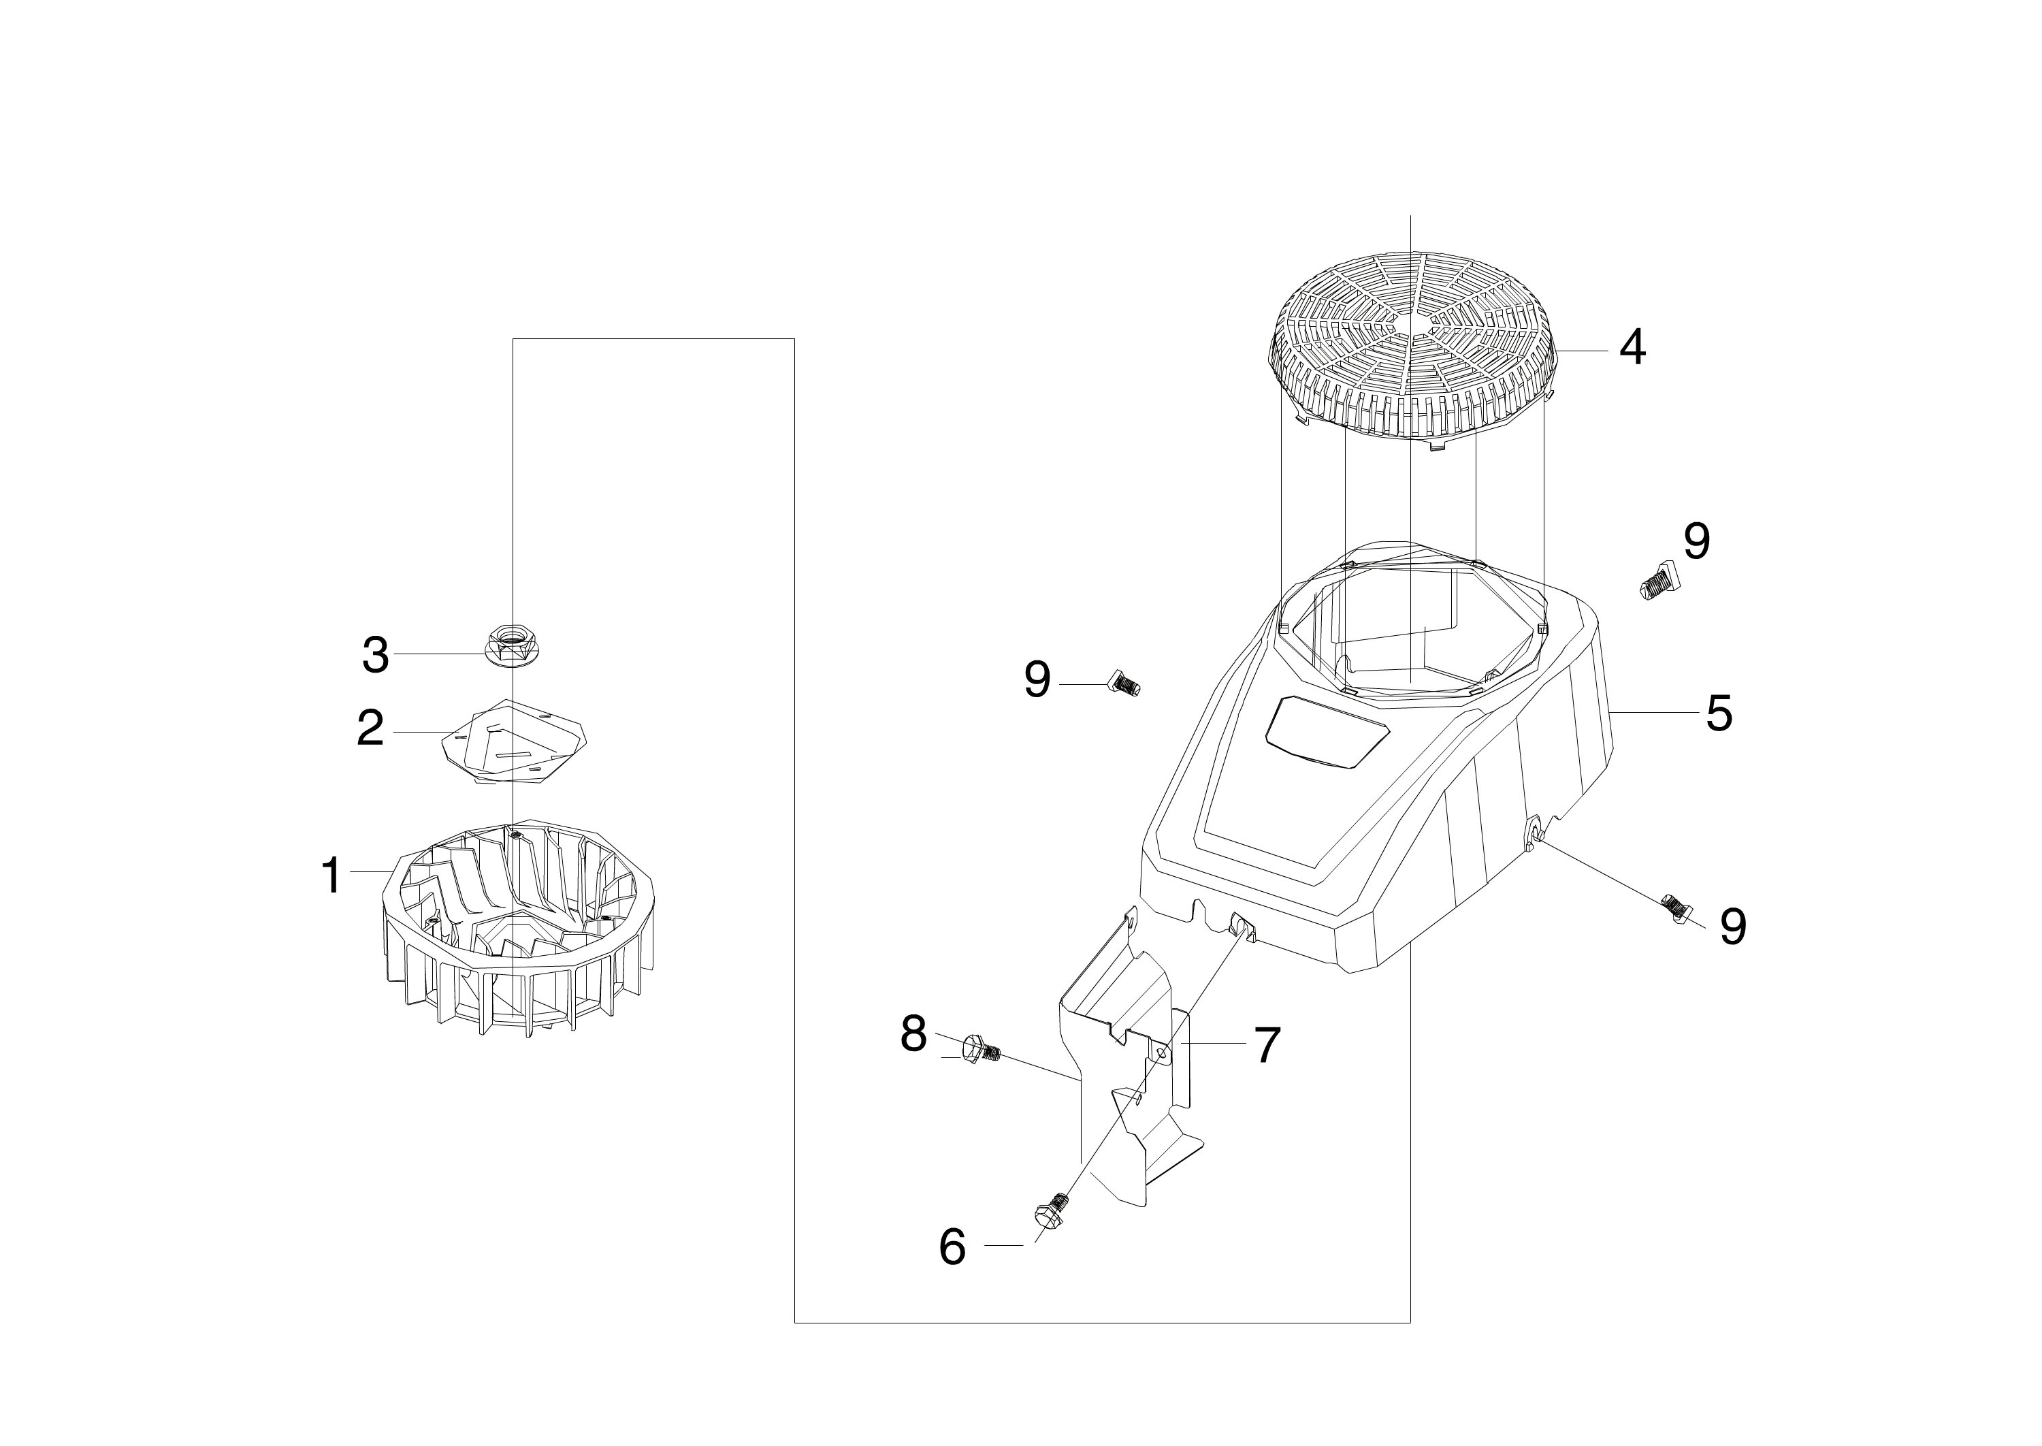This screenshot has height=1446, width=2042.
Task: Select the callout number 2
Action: pos(370,729)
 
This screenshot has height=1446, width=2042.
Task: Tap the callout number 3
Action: pos(375,656)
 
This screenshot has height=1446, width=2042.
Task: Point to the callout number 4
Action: pos(1632,348)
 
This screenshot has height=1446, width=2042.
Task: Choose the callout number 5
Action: pos(1719,713)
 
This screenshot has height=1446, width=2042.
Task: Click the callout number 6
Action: pos(952,1247)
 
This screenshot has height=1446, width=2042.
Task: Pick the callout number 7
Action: pos(1267,1044)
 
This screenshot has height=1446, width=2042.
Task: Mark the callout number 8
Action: pos(914,1033)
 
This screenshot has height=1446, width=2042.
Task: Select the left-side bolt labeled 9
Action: pos(1122,684)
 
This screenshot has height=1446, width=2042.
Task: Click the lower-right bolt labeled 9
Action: pos(1675,910)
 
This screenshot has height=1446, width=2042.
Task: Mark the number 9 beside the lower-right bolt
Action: pos(1732,927)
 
